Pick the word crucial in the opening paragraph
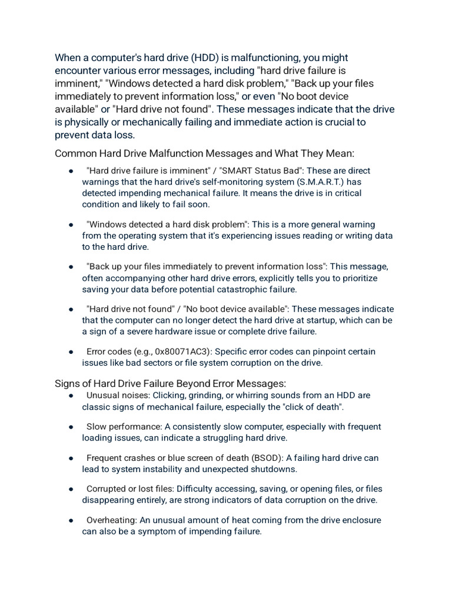pos(337,122)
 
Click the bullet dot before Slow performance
pos(71,427)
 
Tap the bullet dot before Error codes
pos(71,352)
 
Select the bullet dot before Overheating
pos(71,520)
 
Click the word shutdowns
pos(272,469)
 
